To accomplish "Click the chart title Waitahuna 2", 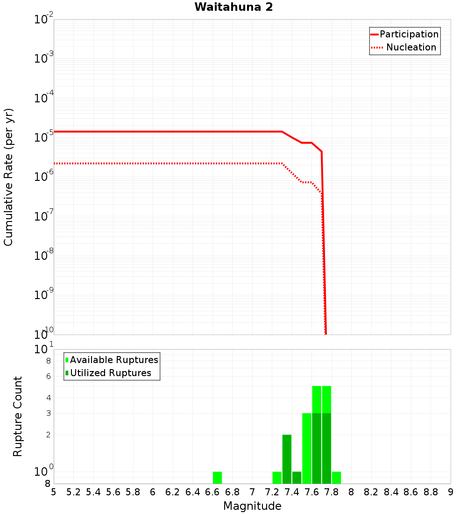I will pos(233,7).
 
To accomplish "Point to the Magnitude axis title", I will pos(252,506).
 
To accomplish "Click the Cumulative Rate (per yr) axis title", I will pos(8,178).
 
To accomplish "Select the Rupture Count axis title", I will pos(18,416).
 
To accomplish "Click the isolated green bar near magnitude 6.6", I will pos(217,478).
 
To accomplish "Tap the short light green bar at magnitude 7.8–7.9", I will pos(336,478).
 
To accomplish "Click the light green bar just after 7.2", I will pos(277,478).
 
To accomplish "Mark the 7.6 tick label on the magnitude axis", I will pos(311,492).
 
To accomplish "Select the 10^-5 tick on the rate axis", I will pos(44,137).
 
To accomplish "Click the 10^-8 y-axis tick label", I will pos(44,256).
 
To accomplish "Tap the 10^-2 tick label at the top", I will pos(44,20).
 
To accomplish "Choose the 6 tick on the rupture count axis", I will pos(48,376).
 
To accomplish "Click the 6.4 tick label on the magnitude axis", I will pos(192,492).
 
